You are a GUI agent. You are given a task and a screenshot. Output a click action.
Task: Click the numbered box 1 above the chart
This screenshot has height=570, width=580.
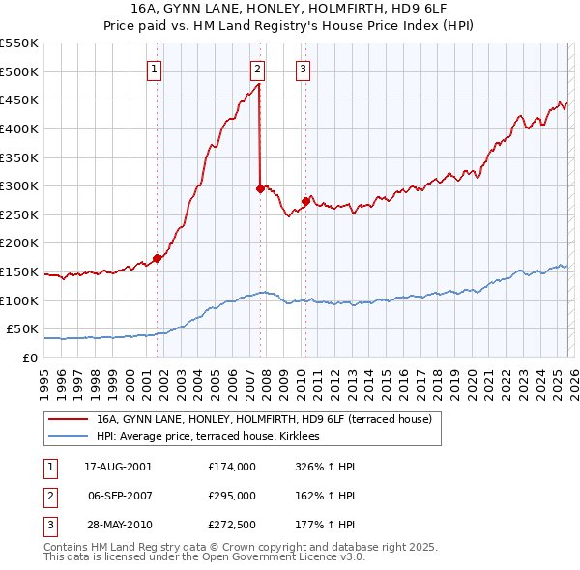[156, 69]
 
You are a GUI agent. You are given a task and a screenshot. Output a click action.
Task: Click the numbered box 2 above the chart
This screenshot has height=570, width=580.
[258, 69]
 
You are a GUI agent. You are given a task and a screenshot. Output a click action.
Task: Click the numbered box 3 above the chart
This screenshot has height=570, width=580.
[303, 69]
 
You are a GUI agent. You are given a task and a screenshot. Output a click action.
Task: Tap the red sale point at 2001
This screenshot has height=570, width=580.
[157, 258]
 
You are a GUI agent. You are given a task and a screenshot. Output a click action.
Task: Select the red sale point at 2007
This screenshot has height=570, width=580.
[260, 189]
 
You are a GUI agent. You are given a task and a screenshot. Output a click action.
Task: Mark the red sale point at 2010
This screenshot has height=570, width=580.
[305, 202]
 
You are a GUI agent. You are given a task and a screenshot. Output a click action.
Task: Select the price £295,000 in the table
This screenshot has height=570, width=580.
[231, 496]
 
